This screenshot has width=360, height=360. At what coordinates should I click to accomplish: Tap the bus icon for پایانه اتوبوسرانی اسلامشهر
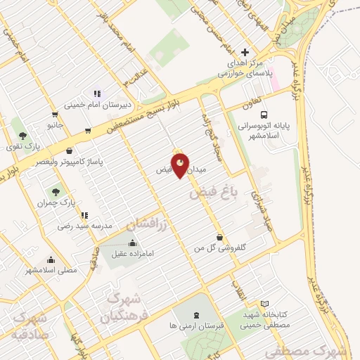(x=264, y=115)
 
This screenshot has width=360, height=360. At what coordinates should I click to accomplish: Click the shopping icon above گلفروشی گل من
(x=221, y=238)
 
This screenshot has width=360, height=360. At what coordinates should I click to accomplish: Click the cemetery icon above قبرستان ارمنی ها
(x=194, y=314)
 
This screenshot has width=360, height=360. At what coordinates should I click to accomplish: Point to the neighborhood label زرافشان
(x=149, y=224)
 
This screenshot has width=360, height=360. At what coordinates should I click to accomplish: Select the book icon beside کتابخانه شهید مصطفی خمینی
(x=264, y=303)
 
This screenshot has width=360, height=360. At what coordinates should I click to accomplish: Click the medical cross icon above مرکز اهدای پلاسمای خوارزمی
(x=245, y=53)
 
